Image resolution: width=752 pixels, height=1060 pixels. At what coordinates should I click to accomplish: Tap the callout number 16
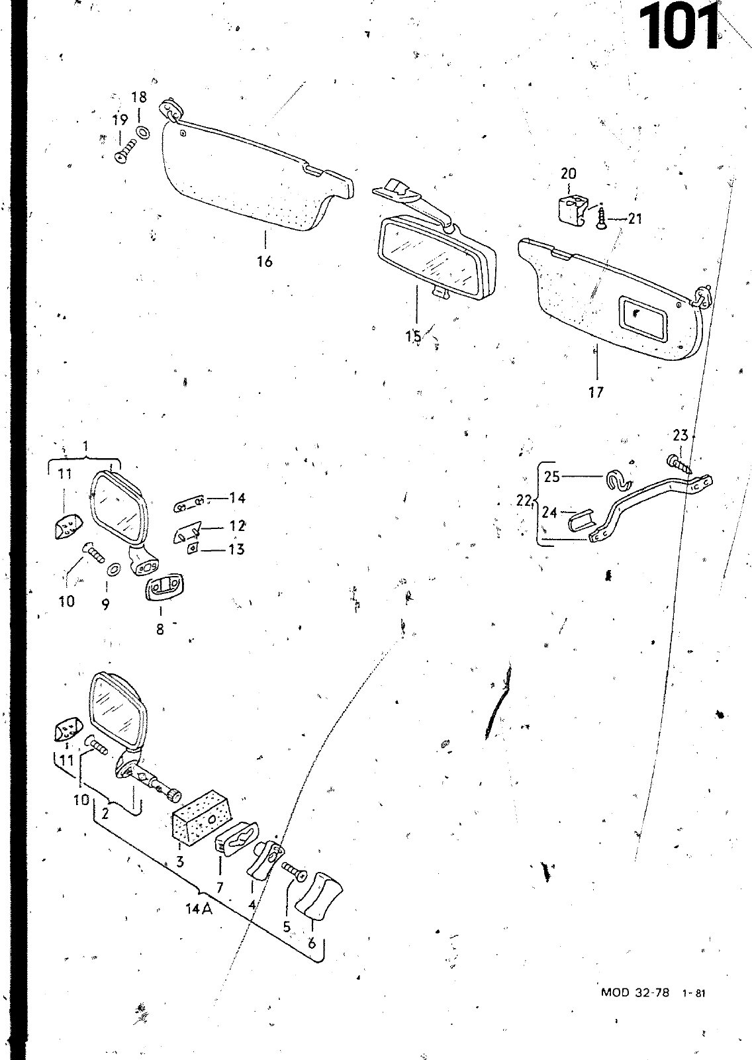pyautogui.click(x=264, y=262)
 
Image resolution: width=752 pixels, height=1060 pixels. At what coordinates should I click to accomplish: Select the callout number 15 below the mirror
pyautogui.click(x=414, y=336)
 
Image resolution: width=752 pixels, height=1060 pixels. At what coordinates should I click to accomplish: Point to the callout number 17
pyautogui.click(x=596, y=393)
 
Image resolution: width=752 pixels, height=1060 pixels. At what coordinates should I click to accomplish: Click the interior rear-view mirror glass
pyautogui.click(x=430, y=256)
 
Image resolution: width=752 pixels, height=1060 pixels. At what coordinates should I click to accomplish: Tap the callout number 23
pyautogui.click(x=681, y=436)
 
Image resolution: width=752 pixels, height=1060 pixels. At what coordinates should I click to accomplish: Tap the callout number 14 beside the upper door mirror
pyautogui.click(x=237, y=498)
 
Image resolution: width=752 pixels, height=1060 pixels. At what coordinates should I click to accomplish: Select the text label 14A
pyautogui.click(x=199, y=909)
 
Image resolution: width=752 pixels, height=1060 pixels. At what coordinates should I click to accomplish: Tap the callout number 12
pyautogui.click(x=237, y=526)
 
